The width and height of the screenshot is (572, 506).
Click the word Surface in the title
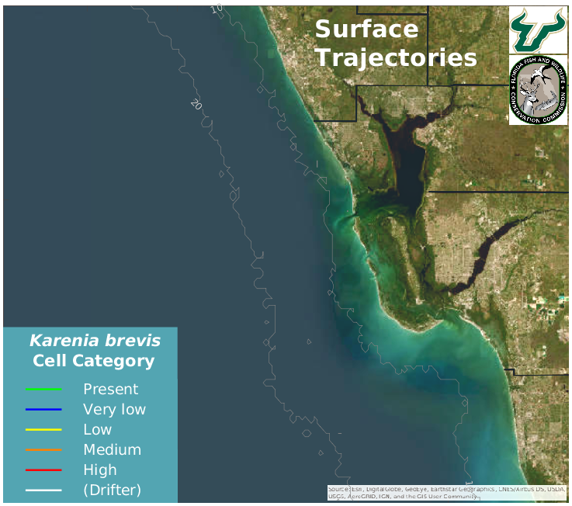pyautogui.click(x=366, y=29)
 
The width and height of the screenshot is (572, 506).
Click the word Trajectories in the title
pyautogui.click(x=396, y=57)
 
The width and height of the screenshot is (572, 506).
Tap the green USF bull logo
pyautogui.click(x=538, y=29)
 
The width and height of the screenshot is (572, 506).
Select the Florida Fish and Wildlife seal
pyautogui.click(x=538, y=90)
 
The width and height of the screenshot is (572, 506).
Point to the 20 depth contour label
pyautogui.click(x=196, y=104)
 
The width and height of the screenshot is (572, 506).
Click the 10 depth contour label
pyautogui.click(x=216, y=9)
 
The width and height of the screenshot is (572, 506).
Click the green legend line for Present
pyautogui.click(x=43, y=390)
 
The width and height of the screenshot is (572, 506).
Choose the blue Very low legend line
pyautogui.click(x=43, y=410)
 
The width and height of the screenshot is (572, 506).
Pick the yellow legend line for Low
pyautogui.click(x=43, y=430)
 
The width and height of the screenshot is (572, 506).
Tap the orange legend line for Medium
pyautogui.click(x=43, y=450)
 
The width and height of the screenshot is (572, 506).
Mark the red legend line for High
pyautogui.click(x=43, y=470)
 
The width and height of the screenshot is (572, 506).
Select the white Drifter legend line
pyautogui.click(x=43, y=490)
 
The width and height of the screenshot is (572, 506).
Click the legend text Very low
pyautogui.click(x=114, y=410)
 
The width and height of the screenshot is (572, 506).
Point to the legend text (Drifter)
pyautogui.click(x=112, y=490)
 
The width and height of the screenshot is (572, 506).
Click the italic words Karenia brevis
pyautogui.click(x=95, y=341)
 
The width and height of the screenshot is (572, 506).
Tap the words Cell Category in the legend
pyautogui.click(x=93, y=361)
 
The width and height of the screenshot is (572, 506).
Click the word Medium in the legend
pyautogui.click(x=112, y=450)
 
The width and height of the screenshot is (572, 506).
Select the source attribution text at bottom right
pyautogui.click(x=445, y=493)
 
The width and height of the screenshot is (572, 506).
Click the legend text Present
pyautogui.click(x=110, y=390)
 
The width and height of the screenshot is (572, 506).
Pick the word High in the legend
pyautogui.click(x=100, y=470)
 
